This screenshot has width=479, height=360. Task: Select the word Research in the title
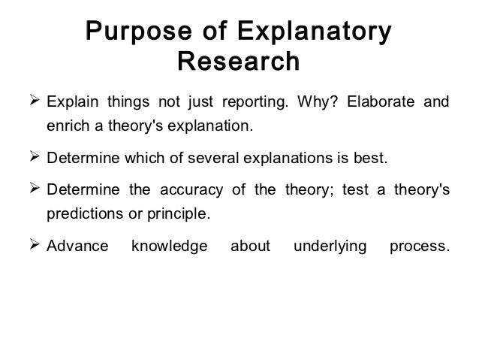point(237,62)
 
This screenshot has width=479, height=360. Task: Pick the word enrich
point(66,124)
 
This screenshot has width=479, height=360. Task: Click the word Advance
point(77,246)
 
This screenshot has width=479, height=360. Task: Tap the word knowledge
point(169,246)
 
